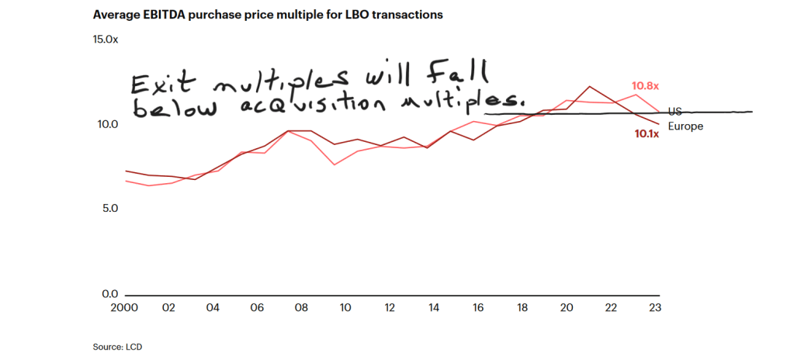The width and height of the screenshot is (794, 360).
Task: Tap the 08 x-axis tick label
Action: click(301, 308)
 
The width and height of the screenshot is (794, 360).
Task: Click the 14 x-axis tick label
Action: click(434, 308)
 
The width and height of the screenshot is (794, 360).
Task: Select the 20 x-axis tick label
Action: click(567, 308)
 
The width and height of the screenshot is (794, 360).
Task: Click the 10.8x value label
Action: click(646, 86)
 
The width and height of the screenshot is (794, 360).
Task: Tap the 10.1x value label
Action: click(647, 134)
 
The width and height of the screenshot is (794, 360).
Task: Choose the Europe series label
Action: click(686, 126)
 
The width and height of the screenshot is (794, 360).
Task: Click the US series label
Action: click(674, 112)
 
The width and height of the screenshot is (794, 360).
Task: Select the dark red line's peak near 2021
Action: click(589, 86)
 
